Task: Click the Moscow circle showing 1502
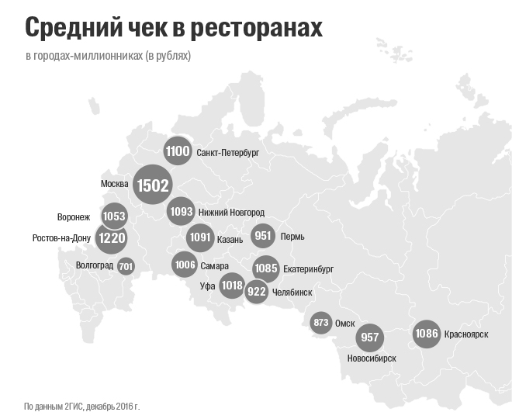tap(151, 185)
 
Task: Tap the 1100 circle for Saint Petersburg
tap(178, 151)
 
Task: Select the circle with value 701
tap(126, 266)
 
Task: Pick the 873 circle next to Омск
tap(320, 323)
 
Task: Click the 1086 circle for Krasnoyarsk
tap(427, 334)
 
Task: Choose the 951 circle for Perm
tap(264, 236)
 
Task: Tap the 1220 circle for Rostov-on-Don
tap(111, 238)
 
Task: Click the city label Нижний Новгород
tap(231, 213)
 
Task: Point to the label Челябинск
tap(292, 293)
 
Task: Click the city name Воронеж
tap(74, 216)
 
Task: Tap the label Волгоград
tap(95, 265)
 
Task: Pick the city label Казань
tap(230, 238)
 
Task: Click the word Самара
tap(214, 265)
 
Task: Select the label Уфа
tap(207, 286)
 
